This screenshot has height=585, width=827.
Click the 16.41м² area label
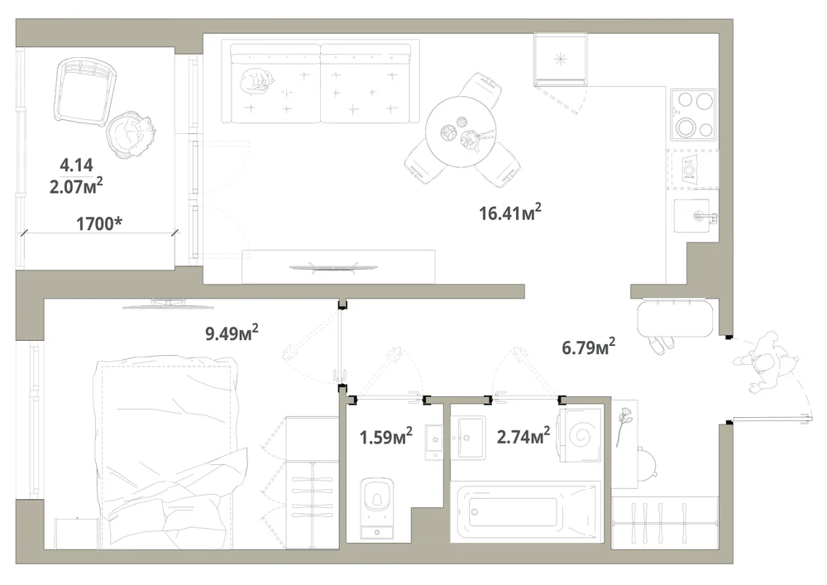[510, 212]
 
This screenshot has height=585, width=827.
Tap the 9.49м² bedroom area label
[232, 333]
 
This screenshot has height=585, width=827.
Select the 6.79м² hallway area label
[588, 347]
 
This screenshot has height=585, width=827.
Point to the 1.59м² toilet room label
[385, 436]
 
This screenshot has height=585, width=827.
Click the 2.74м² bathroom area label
[523, 436]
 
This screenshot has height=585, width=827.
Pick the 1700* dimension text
[99, 223]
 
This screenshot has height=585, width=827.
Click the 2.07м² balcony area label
[76, 185]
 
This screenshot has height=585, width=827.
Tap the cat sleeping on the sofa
[257, 82]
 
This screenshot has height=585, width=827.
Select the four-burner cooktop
[694, 115]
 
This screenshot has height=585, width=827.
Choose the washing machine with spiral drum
[581, 435]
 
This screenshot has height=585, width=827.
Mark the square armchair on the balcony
[85, 91]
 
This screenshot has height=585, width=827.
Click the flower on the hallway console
[624, 425]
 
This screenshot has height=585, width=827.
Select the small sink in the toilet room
[435, 441]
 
